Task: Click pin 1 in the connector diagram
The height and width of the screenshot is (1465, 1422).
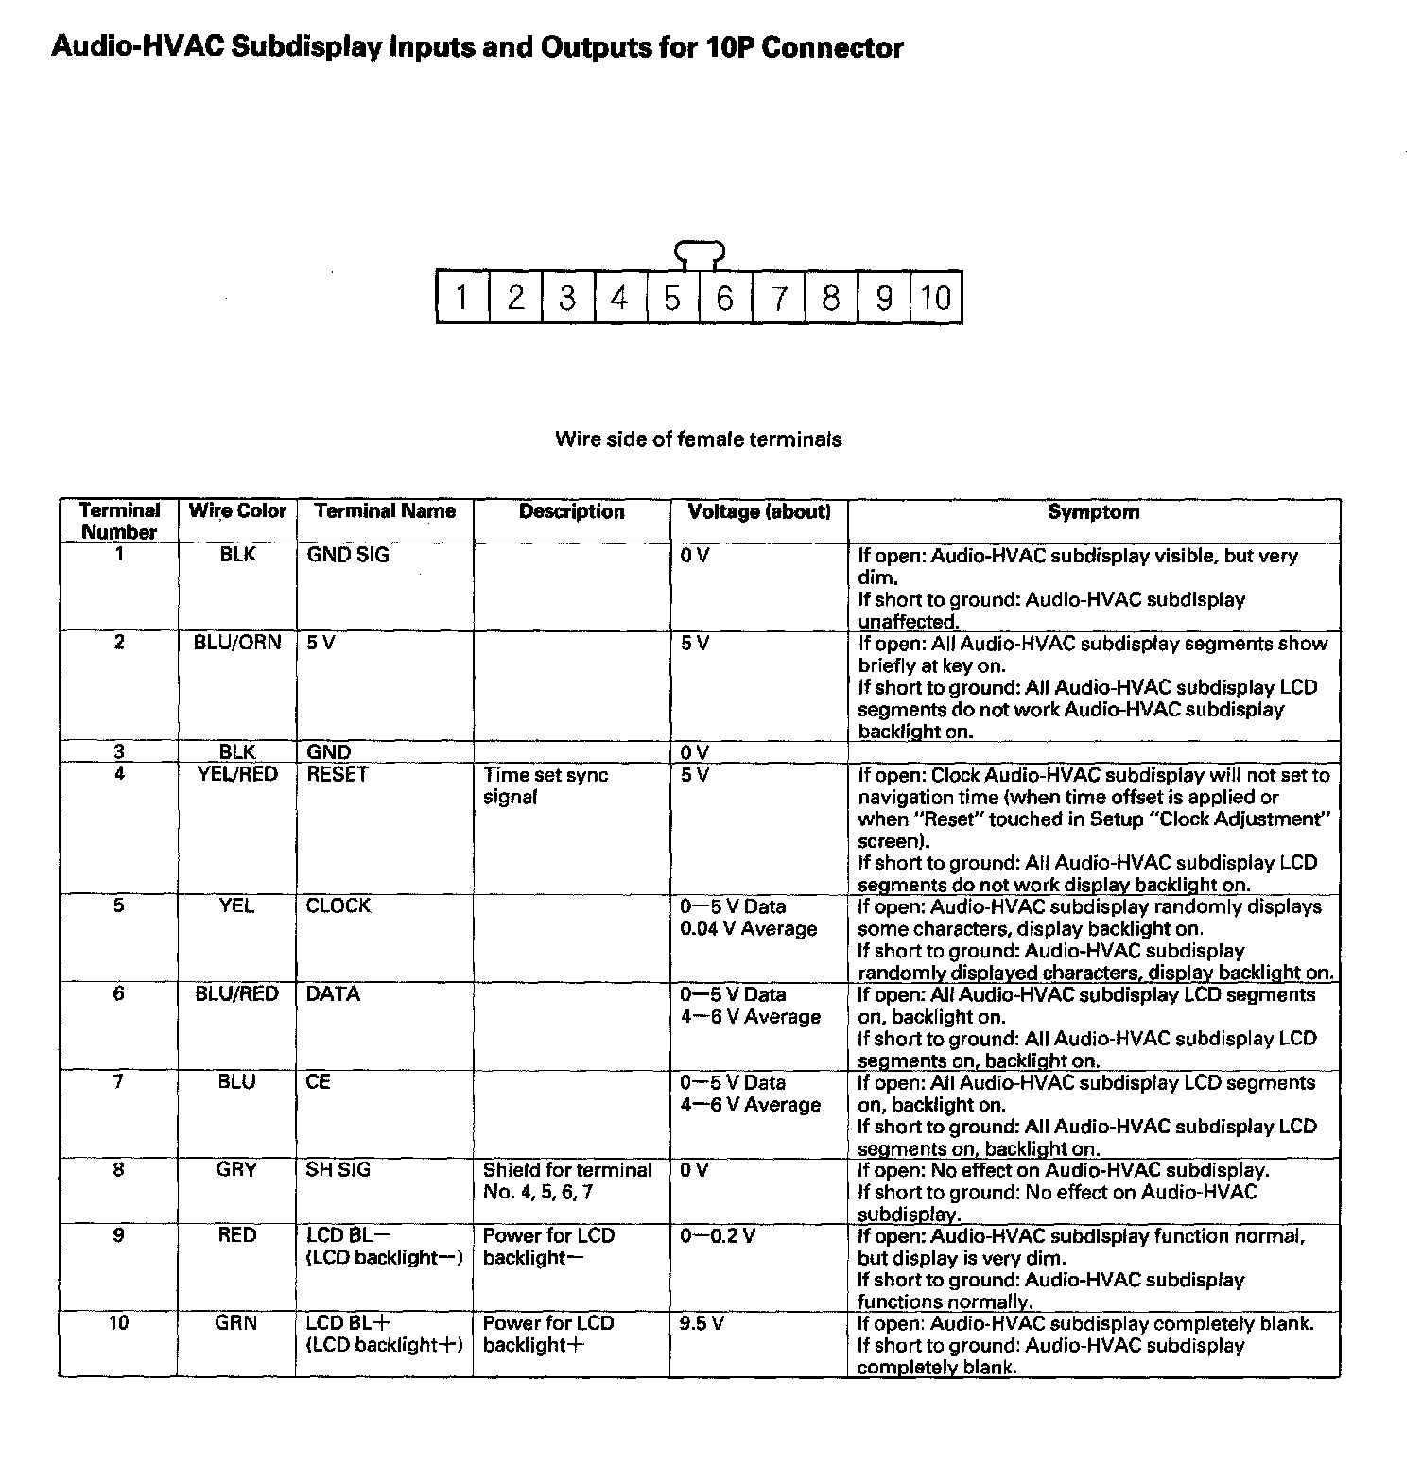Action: pyautogui.click(x=461, y=299)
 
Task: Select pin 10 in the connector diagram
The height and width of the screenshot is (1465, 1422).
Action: pyautogui.click(x=935, y=299)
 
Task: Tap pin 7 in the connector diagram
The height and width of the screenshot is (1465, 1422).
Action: pyautogui.click(x=778, y=299)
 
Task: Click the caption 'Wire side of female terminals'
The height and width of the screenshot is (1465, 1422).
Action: pyautogui.click(x=698, y=439)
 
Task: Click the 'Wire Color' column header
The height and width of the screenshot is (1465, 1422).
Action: pyautogui.click(x=237, y=511)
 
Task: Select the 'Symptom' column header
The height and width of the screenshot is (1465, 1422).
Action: pyautogui.click(x=1093, y=512)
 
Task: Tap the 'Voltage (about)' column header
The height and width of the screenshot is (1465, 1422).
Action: pyautogui.click(x=759, y=512)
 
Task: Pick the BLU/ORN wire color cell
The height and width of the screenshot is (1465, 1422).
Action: pyautogui.click(x=237, y=643)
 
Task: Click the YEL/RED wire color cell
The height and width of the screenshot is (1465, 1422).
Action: pyautogui.click(x=237, y=774)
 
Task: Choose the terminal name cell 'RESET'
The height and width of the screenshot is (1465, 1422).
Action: pyautogui.click(x=337, y=774)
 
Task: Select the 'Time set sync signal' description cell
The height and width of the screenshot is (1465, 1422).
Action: pyautogui.click(x=546, y=785)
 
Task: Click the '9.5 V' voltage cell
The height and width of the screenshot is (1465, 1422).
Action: pyautogui.click(x=702, y=1323)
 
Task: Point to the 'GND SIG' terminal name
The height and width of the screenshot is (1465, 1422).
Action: pyautogui.click(x=347, y=555)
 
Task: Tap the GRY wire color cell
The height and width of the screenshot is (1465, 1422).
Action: pyautogui.click(x=236, y=1170)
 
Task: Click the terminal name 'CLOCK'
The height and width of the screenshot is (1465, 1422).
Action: pyautogui.click(x=338, y=905)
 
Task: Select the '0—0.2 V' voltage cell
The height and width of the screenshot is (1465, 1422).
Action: pyautogui.click(x=718, y=1235)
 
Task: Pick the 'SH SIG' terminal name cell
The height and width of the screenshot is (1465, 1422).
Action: pyautogui.click(x=338, y=1170)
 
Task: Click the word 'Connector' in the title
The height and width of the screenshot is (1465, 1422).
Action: pyautogui.click(x=831, y=47)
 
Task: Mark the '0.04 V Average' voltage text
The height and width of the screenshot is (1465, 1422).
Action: pyautogui.click(x=748, y=929)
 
